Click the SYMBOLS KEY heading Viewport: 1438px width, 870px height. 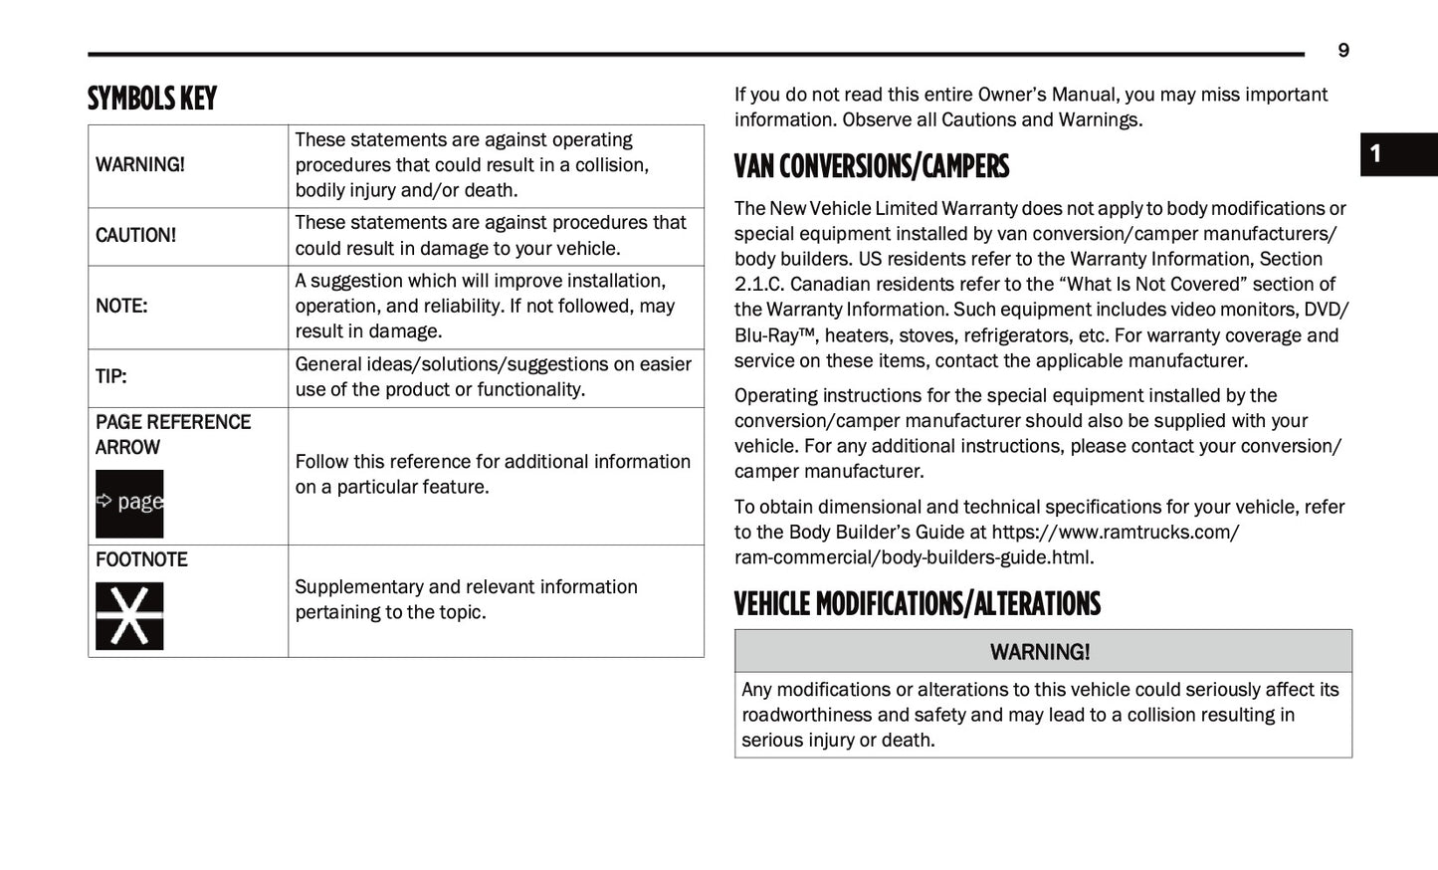[151, 99]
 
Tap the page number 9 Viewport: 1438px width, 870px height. [1342, 51]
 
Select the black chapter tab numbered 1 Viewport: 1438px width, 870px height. [1397, 154]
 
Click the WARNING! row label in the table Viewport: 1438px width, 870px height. [140, 164]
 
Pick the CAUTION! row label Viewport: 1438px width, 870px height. [135, 236]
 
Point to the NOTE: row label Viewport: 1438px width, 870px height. [121, 306]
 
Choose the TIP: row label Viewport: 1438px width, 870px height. [111, 376]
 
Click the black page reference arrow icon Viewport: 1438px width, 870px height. [129, 503]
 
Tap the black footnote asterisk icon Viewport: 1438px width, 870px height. [129, 615]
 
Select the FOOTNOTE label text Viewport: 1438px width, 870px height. [141, 559]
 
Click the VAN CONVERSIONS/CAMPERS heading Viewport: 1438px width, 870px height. [871, 166]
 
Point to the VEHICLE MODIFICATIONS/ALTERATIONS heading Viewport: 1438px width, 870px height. [917, 604]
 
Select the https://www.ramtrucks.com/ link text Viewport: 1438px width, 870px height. [1115, 533]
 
